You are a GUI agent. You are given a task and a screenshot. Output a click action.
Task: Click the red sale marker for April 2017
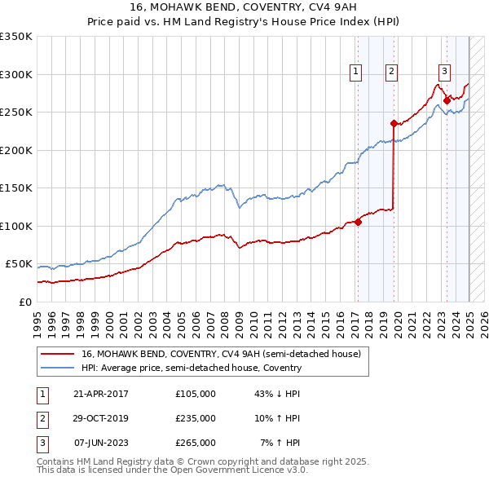pyautogui.click(x=358, y=222)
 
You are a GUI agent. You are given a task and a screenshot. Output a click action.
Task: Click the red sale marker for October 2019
pyautogui.click(x=394, y=124)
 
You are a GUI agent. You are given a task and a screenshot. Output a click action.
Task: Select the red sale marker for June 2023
pyautogui.click(x=446, y=101)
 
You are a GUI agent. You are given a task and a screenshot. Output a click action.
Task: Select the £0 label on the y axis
pyautogui.click(x=25, y=302)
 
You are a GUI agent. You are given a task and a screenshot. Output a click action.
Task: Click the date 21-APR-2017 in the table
pyautogui.click(x=101, y=394)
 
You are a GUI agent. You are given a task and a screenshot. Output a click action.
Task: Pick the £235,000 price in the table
pyautogui.click(x=196, y=418)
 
